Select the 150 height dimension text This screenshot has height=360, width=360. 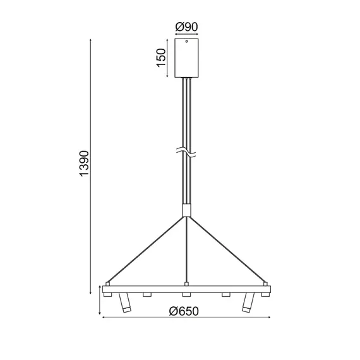click(x=162, y=58)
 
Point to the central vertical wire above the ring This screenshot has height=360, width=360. click(x=186, y=249)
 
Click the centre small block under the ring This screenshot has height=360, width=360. click(x=186, y=294)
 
